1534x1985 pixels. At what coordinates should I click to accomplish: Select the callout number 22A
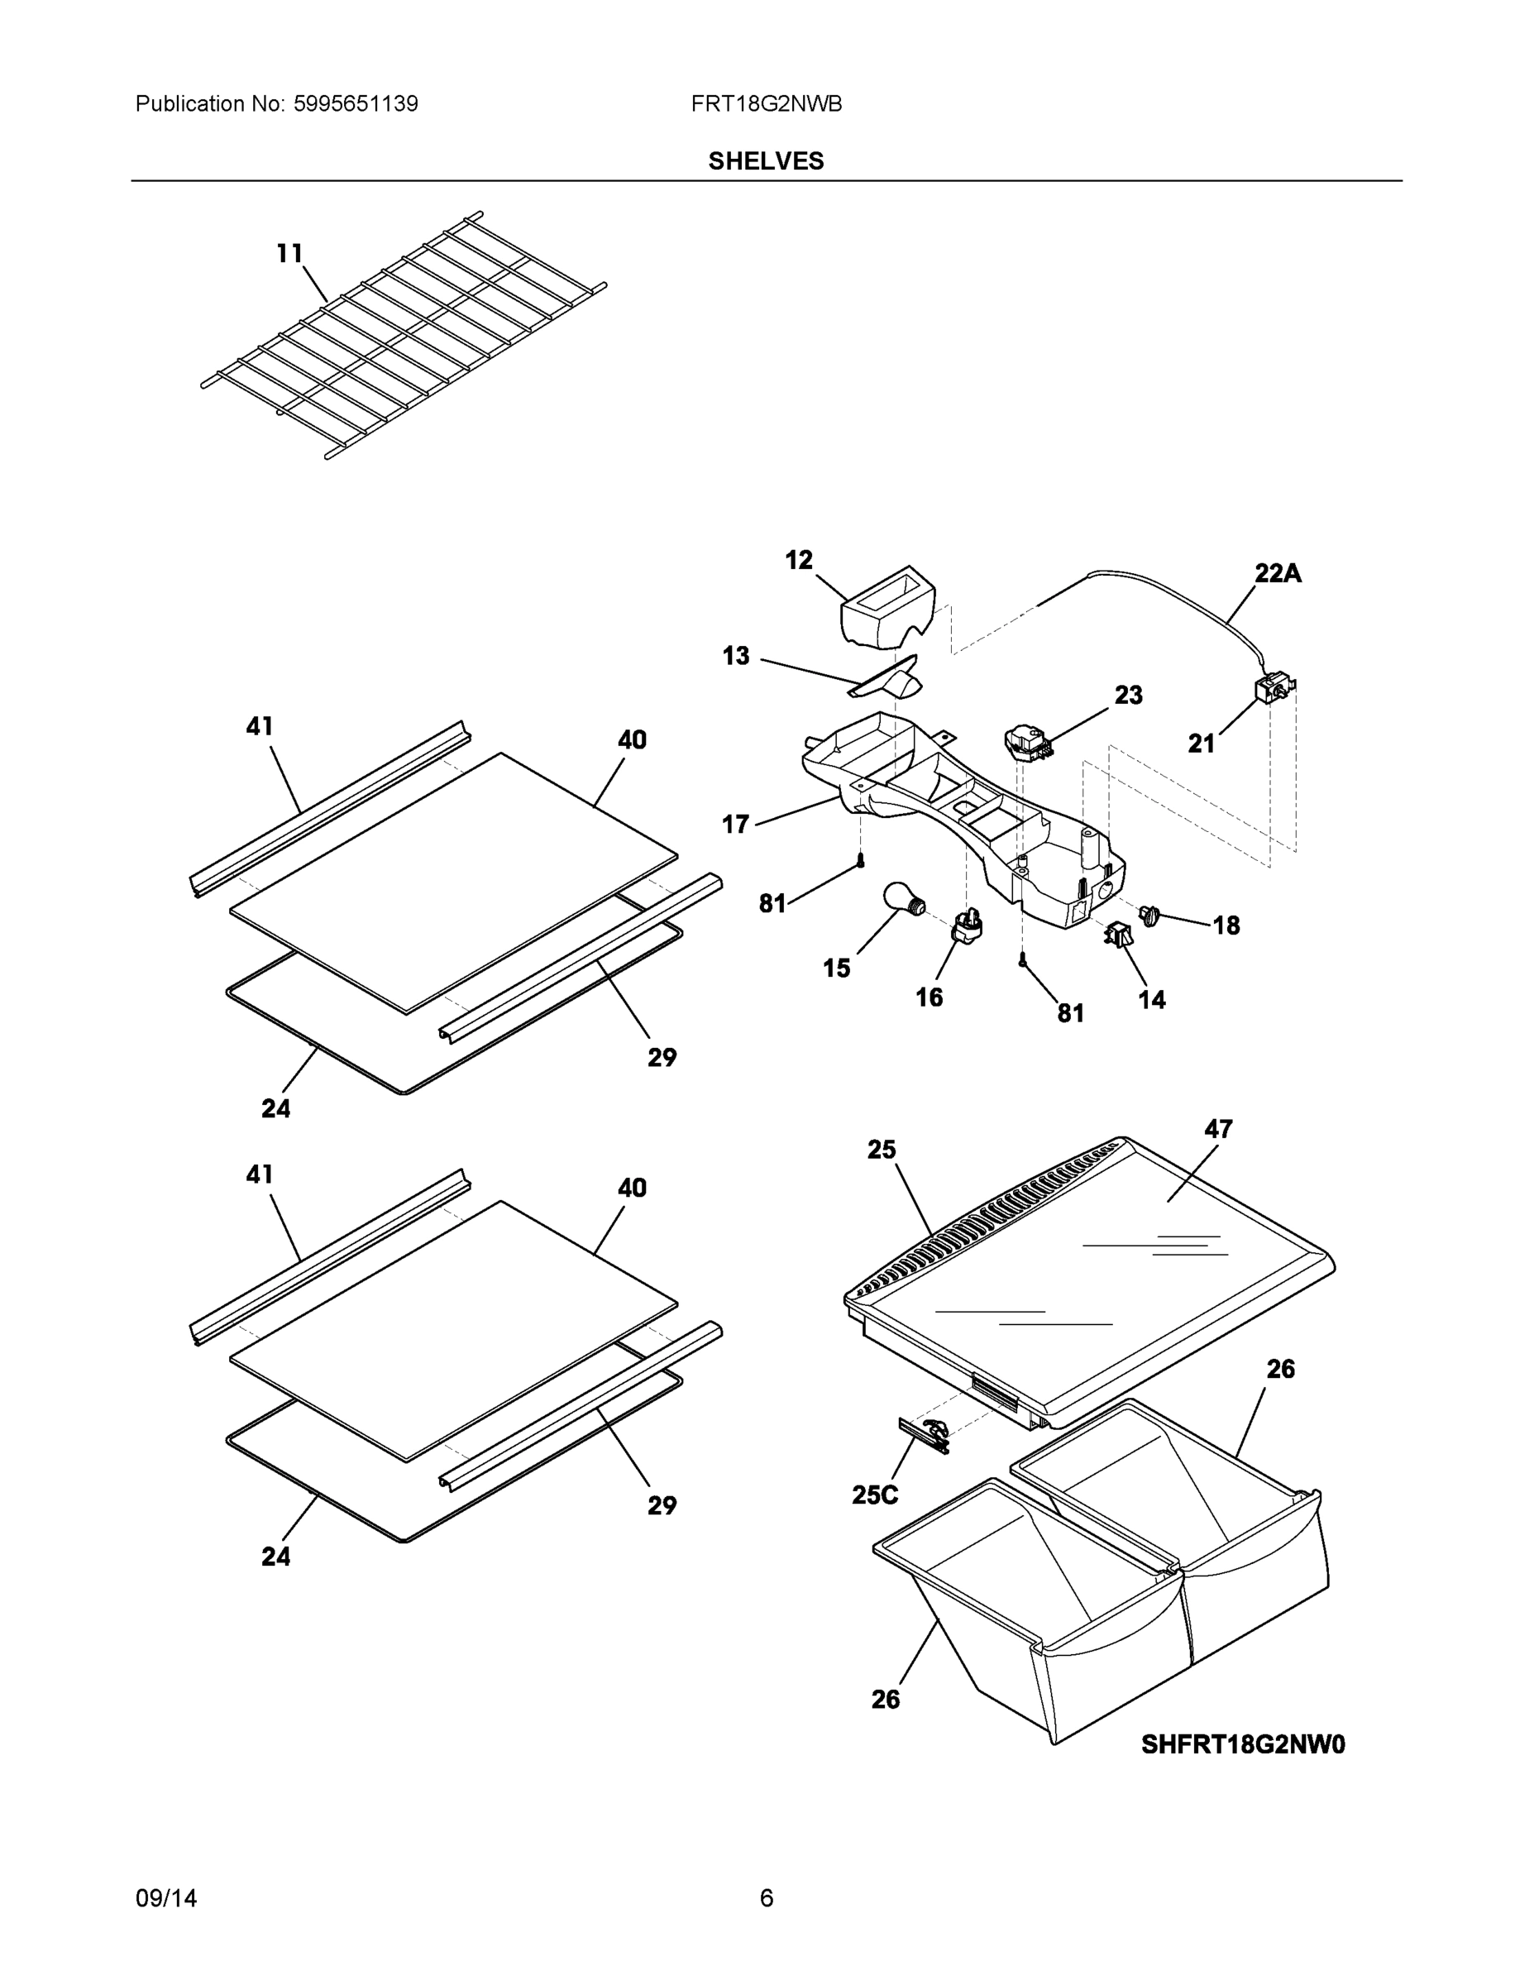click(x=1278, y=573)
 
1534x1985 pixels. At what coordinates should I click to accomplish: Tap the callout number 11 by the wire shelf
click(x=289, y=254)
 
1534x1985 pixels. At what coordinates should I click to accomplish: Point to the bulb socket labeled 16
click(x=967, y=926)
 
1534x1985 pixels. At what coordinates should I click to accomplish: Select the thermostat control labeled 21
click(x=1274, y=688)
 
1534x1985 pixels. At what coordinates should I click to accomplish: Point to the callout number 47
click(x=1218, y=1129)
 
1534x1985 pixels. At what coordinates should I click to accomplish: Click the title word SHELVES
click(x=766, y=161)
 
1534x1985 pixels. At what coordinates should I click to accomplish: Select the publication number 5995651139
click(x=356, y=103)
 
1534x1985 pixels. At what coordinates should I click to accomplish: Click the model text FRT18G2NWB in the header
click(x=766, y=103)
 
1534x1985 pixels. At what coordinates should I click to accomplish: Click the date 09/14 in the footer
click(x=166, y=1898)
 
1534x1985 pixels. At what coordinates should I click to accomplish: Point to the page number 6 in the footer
click(x=766, y=1898)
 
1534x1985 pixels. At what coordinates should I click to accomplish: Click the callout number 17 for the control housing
click(x=735, y=825)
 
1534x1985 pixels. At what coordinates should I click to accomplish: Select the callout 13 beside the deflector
click(x=735, y=655)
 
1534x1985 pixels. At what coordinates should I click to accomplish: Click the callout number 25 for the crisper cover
click(x=881, y=1150)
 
